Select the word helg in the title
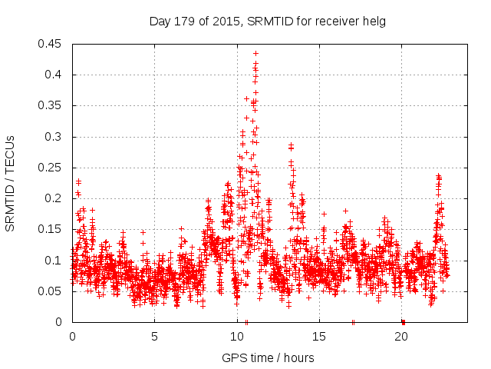[x=374, y=22]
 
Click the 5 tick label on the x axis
[x=154, y=336]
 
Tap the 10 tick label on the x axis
[x=237, y=336]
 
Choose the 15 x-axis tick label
[x=319, y=336]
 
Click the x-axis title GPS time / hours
[x=268, y=357]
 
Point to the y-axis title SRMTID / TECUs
[x=11, y=183]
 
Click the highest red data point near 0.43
[x=255, y=54]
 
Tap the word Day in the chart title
[x=159, y=22]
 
